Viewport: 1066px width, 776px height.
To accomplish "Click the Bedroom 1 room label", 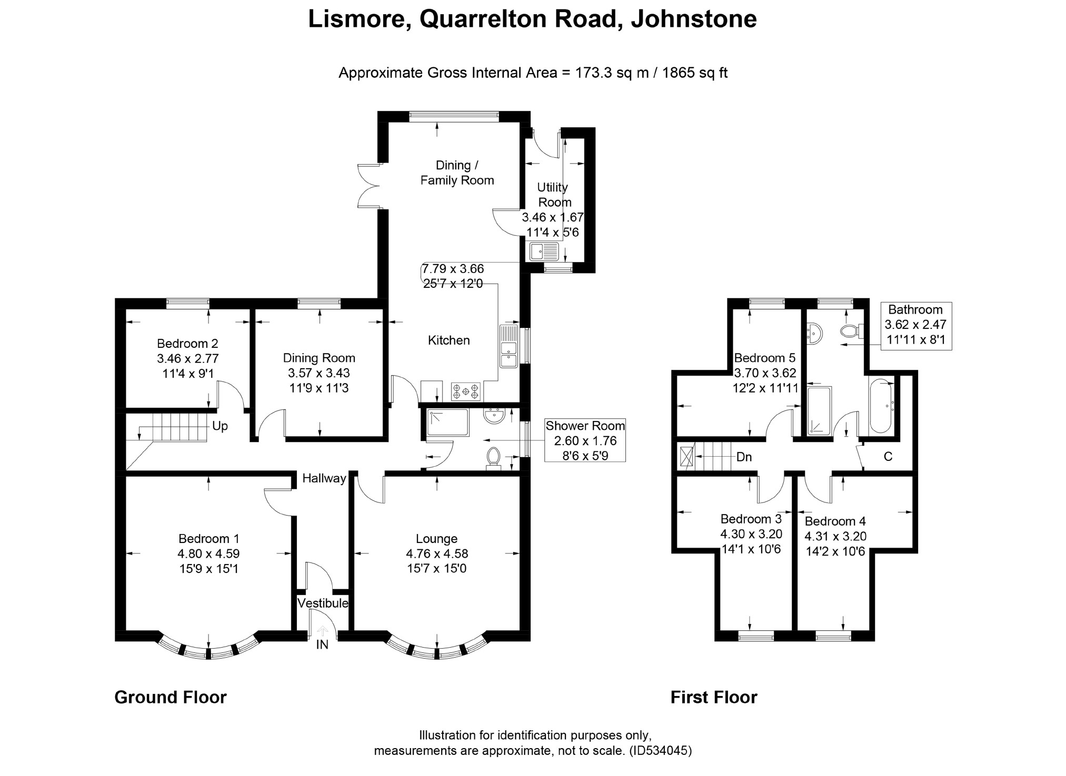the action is (209, 538).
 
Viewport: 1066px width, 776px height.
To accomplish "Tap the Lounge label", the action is (436, 539).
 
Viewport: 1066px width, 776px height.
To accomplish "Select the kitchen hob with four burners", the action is (466, 391).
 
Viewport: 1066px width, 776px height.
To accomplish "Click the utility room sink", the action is (544, 251).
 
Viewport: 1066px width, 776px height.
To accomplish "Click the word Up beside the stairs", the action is (220, 426).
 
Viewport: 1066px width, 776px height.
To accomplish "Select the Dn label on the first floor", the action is (744, 457).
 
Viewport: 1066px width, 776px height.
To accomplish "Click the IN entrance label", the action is (322, 644).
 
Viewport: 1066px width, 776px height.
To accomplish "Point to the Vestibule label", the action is (323, 603).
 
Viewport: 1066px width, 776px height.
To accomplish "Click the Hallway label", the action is (324, 478).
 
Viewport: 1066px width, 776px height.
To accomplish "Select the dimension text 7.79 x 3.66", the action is (453, 269).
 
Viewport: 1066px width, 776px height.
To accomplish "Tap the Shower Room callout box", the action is (585, 440).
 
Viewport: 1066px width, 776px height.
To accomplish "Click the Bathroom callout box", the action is (916, 325).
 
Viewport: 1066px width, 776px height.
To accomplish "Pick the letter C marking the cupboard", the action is (888, 457).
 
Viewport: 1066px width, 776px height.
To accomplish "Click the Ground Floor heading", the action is (171, 697).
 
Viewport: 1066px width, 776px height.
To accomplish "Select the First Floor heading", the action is (714, 697).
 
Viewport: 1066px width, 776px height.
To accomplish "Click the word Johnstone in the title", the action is (694, 19).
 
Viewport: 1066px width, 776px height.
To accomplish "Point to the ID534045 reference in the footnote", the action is (660, 751).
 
